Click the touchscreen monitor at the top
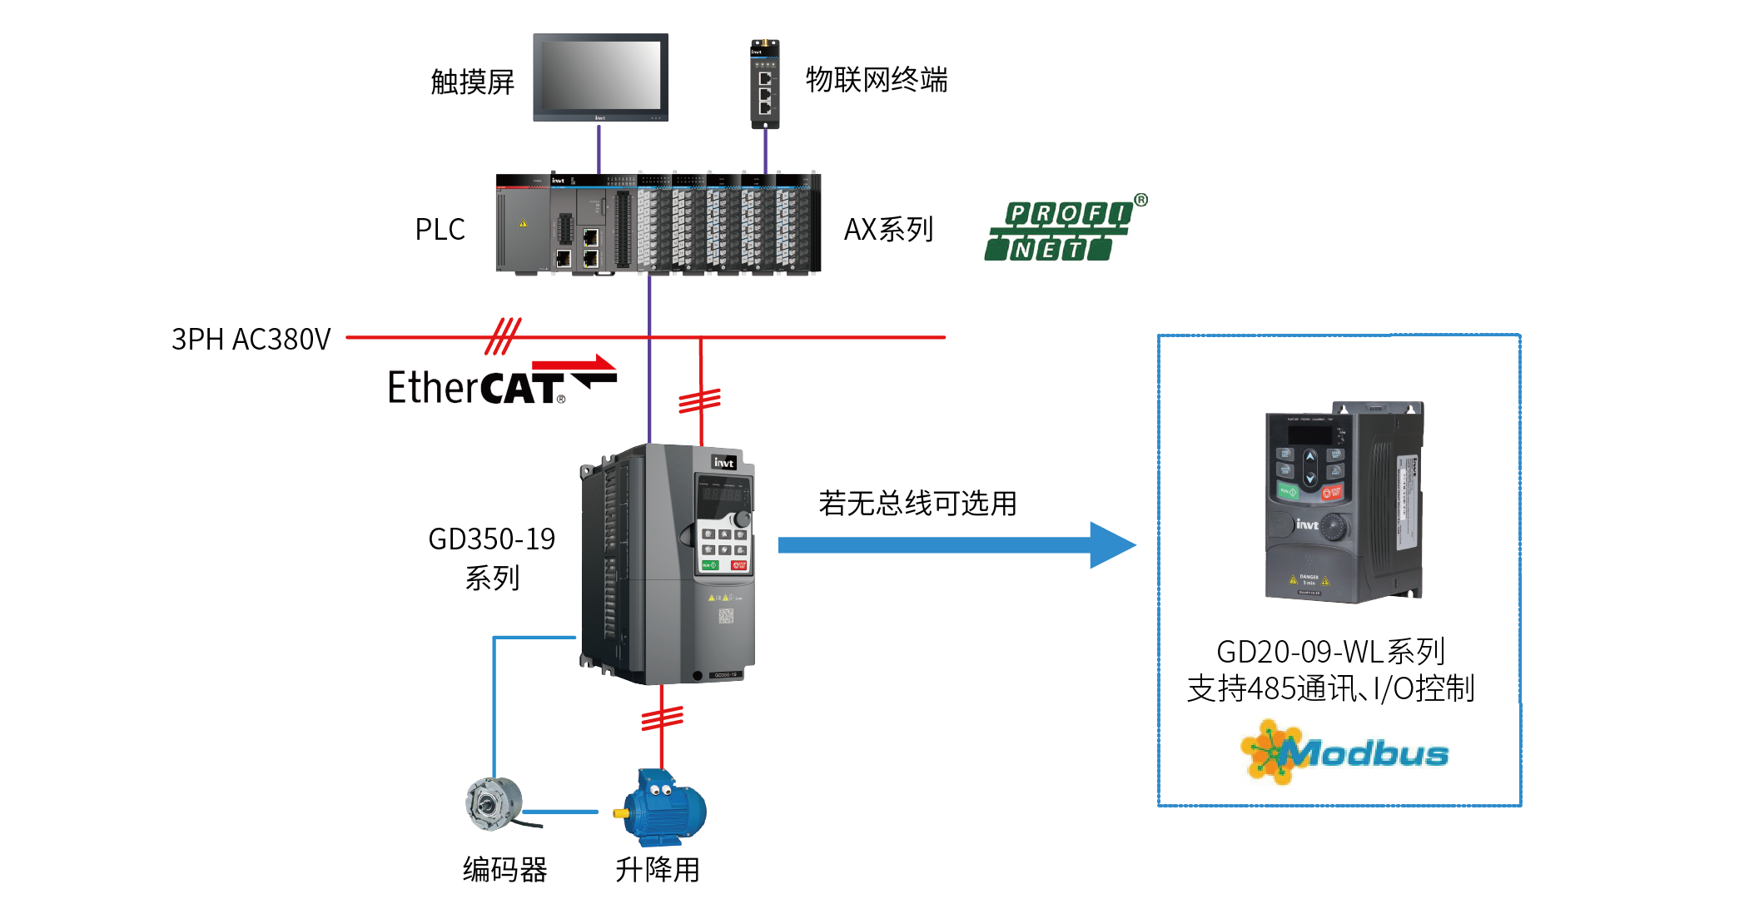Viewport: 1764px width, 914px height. point(600,77)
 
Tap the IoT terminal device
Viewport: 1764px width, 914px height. point(765,84)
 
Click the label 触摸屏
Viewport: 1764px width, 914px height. point(472,82)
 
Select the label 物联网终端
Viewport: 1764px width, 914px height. point(877,80)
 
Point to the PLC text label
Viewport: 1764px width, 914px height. point(440,230)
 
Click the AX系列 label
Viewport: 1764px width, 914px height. point(888,230)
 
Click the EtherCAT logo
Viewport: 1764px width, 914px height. point(499,383)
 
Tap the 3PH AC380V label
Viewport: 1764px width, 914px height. point(251,340)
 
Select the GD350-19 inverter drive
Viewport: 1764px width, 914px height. point(668,564)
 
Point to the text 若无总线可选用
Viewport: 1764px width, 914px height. point(917,504)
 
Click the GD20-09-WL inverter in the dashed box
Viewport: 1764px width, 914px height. point(1344,502)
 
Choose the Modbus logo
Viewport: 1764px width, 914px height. point(1344,753)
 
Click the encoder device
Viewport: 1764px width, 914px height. point(495,804)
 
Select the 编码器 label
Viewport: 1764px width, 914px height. point(504,870)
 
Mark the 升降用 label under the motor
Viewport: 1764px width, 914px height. point(657,870)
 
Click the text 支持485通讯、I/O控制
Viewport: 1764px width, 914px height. point(1330,689)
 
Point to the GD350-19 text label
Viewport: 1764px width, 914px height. point(491,539)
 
